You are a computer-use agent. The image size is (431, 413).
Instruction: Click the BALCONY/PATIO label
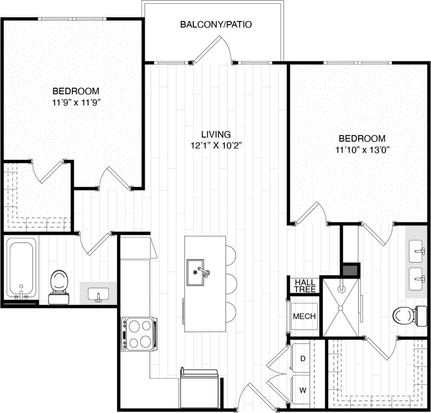(216, 24)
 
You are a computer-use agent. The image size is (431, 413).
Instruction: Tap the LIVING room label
(216, 134)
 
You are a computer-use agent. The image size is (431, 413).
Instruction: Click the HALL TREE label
(305, 286)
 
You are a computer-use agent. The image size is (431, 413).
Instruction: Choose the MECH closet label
(304, 316)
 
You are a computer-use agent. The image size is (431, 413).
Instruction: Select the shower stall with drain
(341, 306)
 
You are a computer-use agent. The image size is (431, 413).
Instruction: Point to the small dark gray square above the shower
(350, 270)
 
